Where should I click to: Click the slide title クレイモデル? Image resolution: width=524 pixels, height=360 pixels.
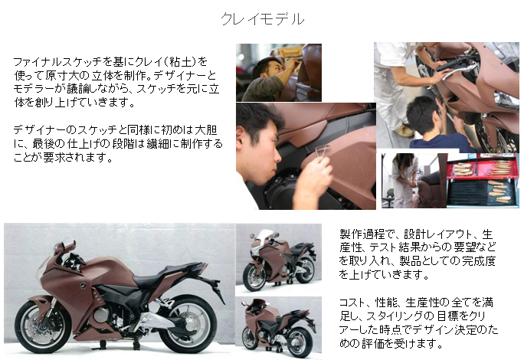[x=262, y=18]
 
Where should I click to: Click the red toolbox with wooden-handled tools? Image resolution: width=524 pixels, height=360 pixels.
[x=483, y=180]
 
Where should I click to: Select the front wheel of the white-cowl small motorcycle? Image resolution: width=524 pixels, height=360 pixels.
[x=254, y=276]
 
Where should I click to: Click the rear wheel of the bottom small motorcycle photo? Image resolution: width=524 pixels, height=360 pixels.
[x=296, y=342]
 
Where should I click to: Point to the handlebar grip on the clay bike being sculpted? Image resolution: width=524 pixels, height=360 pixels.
[x=448, y=64]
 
